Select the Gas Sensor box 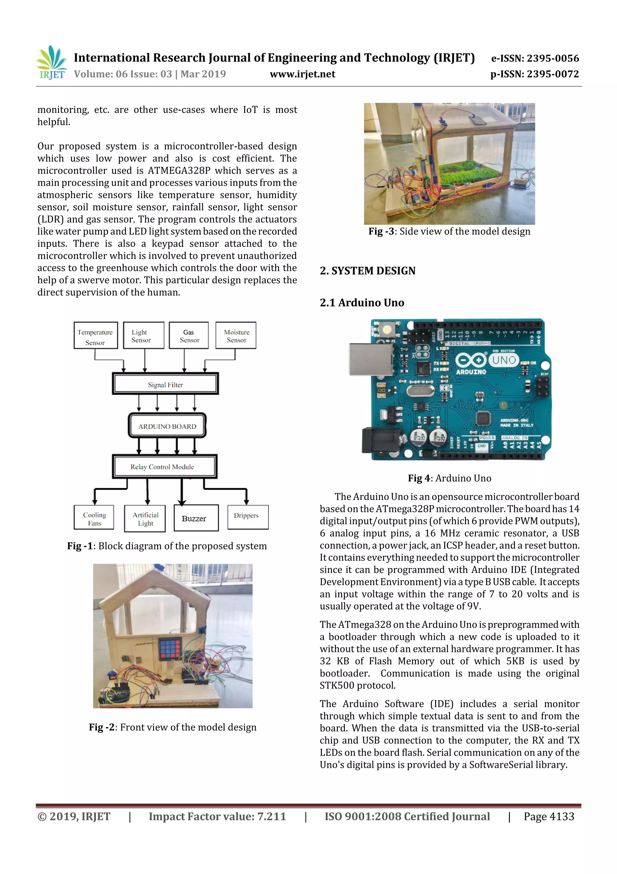(189, 335)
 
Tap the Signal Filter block (165, 384)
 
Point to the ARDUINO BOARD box (167, 426)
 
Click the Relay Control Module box (164, 466)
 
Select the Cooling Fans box (94, 518)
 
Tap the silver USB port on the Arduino (371, 359)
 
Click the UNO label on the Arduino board (504, 360)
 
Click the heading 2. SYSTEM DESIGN (368, 271)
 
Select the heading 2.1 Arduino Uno (362, 303)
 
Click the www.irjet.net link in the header (302, 74)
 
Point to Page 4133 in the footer (549, 816)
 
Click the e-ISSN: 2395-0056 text (535, 58)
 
